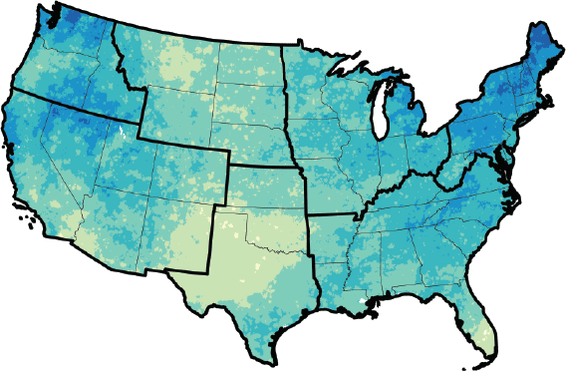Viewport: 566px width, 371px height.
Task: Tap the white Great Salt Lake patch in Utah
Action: [x=121, y=133]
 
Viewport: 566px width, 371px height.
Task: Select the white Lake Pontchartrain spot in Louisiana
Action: [x=361, y=298]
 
